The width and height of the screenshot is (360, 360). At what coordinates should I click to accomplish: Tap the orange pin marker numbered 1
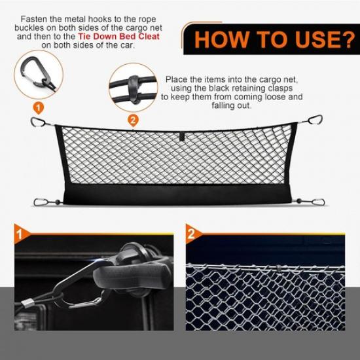click(38, 107)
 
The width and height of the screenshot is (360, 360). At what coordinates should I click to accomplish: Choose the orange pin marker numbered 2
click(133, 120)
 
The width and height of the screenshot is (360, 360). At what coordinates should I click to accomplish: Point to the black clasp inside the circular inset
click(134, 86)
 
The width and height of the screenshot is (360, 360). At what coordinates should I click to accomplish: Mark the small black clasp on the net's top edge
click(182, 138)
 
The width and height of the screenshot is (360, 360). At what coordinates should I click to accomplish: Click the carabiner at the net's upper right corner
click(315, 120)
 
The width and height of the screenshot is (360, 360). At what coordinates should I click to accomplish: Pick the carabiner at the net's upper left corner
click(39, 122)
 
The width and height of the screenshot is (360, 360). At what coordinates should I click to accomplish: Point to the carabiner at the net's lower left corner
click(40, 201)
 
